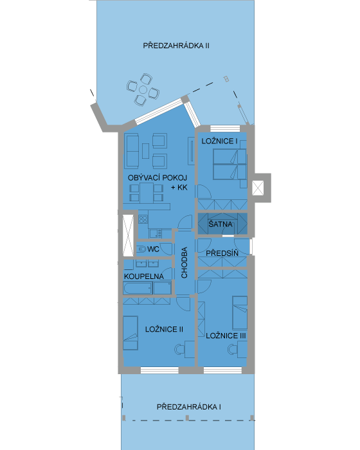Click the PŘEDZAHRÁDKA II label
176,46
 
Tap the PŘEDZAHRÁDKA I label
188,407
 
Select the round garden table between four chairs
143,90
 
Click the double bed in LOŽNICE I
230,164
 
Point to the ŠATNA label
221,224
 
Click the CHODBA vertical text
184,262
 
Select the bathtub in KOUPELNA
138,288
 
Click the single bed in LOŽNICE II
130,333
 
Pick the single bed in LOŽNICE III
240,312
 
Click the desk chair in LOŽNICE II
179,349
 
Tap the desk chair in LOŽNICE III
233,349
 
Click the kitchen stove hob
143,220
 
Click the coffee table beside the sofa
145,151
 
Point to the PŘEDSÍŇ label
222,253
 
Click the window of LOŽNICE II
159,370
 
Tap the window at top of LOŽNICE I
225,129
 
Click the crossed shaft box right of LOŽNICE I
258,188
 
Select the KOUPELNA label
144,276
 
